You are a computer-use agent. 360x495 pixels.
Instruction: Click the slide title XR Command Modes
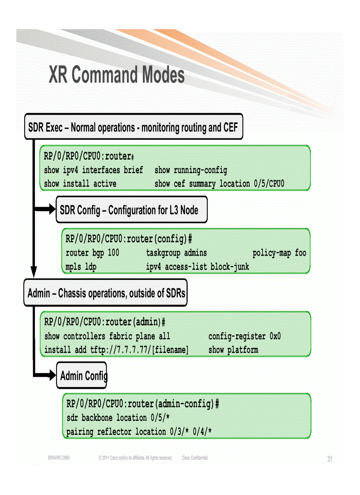[x=116, y=75]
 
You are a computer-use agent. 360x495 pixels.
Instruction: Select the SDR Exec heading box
[x=133, y=128]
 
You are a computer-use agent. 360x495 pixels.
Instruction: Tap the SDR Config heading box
[x=131, y=210]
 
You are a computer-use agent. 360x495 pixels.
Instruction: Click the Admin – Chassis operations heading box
[x=105, y=293]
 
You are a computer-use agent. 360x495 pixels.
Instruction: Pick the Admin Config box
[x=82, y=376]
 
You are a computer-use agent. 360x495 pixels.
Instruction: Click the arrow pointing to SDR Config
[x=44, y=210]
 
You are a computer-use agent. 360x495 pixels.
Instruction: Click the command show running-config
[x=191, y=170]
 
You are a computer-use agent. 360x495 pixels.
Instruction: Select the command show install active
[x=80, y=183]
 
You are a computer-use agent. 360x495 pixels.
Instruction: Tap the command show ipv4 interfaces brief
[x=94, y=170]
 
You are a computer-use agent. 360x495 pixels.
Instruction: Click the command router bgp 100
[x=92, y=253]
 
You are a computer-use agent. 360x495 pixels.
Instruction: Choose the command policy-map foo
[x=279, y=253]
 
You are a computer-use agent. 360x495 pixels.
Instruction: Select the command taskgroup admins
[x=176, y=253]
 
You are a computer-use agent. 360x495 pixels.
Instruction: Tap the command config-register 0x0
[x=244, y=336]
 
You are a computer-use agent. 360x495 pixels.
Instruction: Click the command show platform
[x=233, y=350]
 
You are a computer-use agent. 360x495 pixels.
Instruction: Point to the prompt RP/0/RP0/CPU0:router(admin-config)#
[x=142, y=404]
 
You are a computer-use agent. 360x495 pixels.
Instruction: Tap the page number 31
[x=330, y=459]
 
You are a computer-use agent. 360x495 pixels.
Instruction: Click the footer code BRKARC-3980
[x=59, y=458]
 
